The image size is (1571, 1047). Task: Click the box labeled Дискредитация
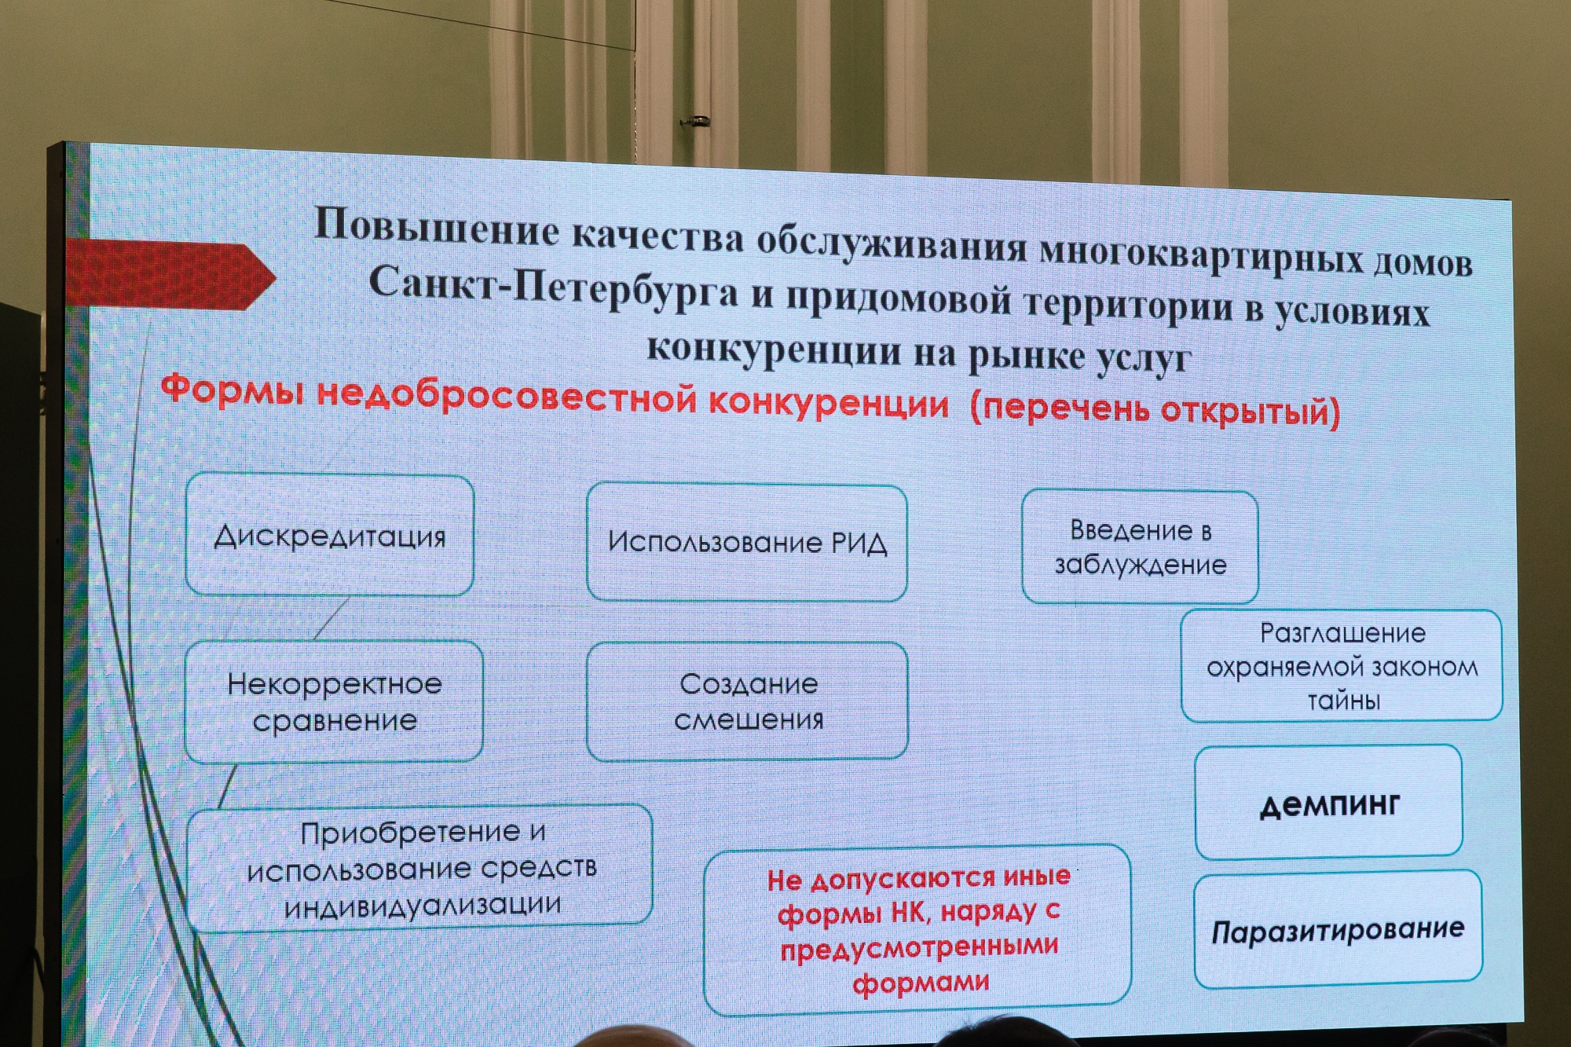pos(330,534)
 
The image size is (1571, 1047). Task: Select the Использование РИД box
pos(747,542)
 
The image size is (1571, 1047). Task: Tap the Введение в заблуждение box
pos(1140,547)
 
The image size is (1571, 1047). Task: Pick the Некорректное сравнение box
pos(334,701)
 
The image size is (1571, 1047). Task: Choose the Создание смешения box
pos(748,701)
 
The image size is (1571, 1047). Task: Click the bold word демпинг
pos(1330,804)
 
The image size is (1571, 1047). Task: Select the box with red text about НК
pos(917,930)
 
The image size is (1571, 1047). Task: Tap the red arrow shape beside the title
pos(170,275)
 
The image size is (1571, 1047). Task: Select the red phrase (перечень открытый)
pos(1155,409)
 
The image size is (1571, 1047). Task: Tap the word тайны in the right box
pos(1343,700)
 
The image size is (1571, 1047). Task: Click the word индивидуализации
pos(423,906)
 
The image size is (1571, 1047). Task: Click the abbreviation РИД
pos(859,543)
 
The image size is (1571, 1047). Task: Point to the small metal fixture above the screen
pos(695,121)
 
